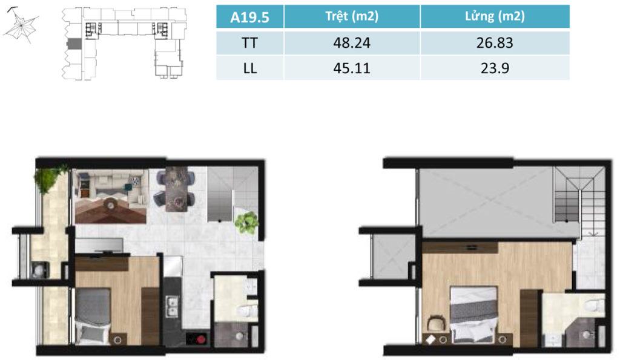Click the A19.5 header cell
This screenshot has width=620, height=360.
pyautogui.click(x=250, y=16)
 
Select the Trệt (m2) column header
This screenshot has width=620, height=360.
pyautogui.click(x=352, y=16)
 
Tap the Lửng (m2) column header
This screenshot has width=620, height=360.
pyautogui.click(x=495, y=16)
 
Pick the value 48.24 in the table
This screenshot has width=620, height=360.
pyautogui.click(x=352, y=43)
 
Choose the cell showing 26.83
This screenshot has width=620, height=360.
pyautogui.click(x=495, y=43)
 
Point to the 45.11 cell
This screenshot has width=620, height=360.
pyautogui.click(x=352, y=68)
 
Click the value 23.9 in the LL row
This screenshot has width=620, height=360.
pyautogui.click(x=495, y=68)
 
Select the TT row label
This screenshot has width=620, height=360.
pyautogui.click(x=250, y=43)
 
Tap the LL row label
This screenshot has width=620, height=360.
pyautogui.click(x=250, y=68)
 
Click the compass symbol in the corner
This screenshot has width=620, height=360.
pyautogui.click(x=20, y=25)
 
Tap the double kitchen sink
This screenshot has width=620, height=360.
pyautogui.click(x=173, y=307)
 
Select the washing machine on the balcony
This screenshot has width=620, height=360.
pyautogui.click(x=40, y=270)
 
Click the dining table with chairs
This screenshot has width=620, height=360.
pyautogui.click(x=176, y=189)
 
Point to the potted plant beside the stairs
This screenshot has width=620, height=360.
pyautogui.click(x=247, y=223)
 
